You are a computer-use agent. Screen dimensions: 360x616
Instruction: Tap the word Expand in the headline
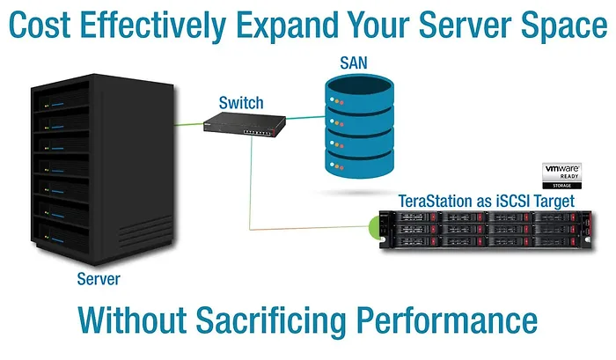pos(261,26)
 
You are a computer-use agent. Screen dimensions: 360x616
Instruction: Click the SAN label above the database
pos(356,63)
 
